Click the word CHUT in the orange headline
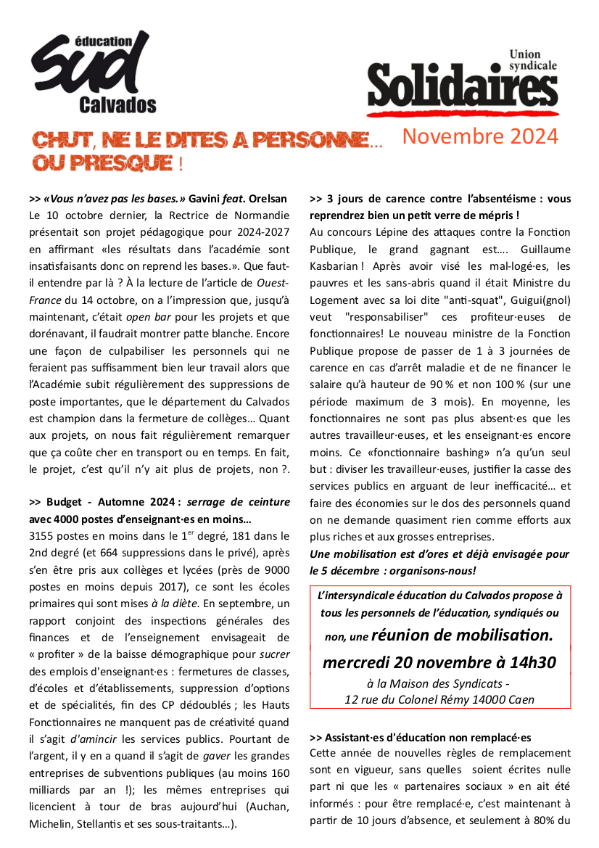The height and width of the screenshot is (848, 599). (x=59, y=139)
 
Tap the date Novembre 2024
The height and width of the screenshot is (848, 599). (x=480, y=136)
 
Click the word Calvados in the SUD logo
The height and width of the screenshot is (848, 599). (x=117, y=104)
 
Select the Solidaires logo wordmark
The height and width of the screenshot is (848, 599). (x=462, y=86)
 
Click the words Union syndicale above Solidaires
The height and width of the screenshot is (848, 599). (x=533, y=59)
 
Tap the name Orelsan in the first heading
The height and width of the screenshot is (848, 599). (x=265, y=198)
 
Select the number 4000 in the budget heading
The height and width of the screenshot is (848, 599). (x=63, y=519)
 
